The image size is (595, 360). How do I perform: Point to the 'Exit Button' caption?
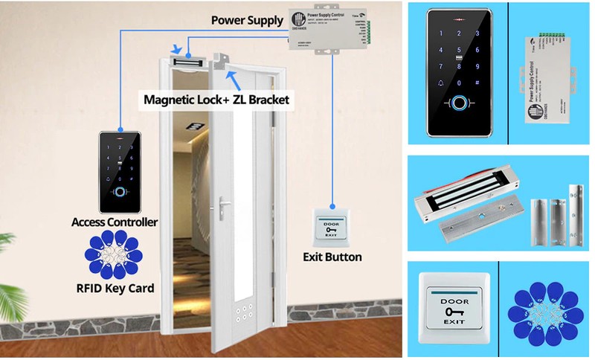332,257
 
